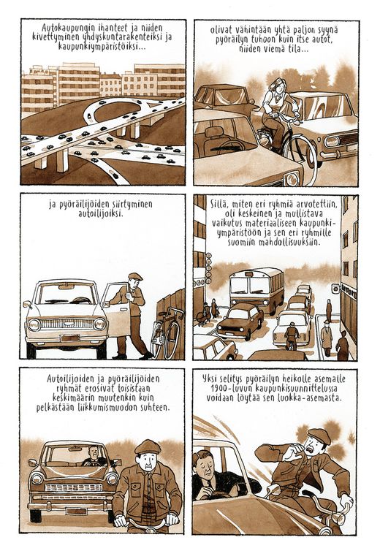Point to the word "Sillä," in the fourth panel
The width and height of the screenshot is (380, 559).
point(219,205)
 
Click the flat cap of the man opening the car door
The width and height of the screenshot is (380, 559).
point(135,276)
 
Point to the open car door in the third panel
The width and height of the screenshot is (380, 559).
point(115,309)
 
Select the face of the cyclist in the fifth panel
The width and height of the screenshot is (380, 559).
point(146,463)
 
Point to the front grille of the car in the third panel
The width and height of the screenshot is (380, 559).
point(66,324)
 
